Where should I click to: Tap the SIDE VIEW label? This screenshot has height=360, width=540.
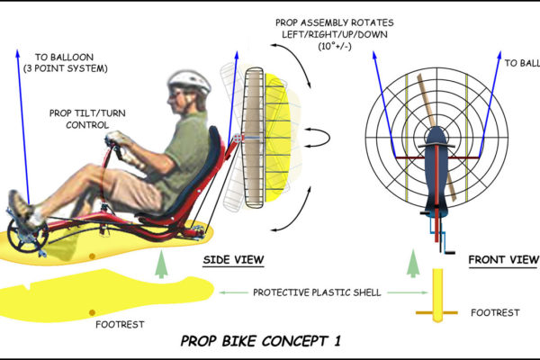233,261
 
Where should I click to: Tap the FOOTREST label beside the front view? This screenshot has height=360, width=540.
495,312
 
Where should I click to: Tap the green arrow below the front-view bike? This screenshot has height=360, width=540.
412,263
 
